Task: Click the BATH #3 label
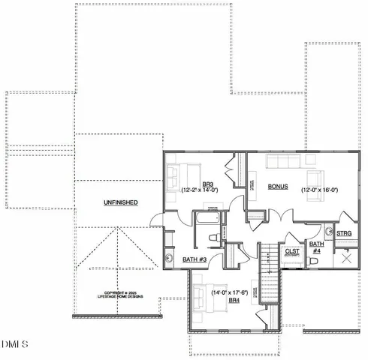pyautogui.click(x=195, y=259)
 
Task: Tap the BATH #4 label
pyautogui.click(x=317, y=247)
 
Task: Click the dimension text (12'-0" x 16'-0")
pyautogui.click(x=324, y=190)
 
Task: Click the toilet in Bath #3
pyautogui.click(x=213, y=238)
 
